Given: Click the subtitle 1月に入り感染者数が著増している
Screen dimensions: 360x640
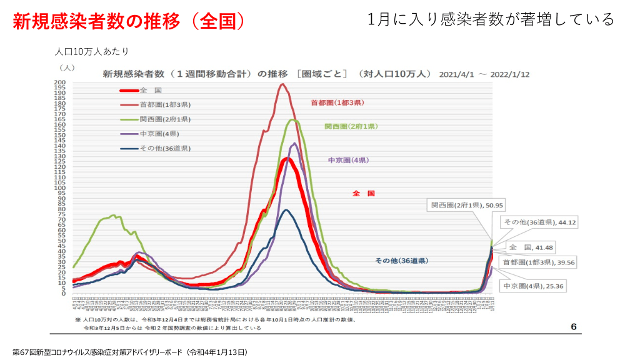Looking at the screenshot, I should tap(491, 19).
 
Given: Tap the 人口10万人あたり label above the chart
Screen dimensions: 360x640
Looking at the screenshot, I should tap(91, 51).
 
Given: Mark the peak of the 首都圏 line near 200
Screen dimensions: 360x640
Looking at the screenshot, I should tap(282, 84).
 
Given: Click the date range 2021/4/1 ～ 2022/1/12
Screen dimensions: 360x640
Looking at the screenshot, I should tap(484, 74).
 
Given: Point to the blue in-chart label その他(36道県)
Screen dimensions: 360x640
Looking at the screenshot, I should tap(405, 260).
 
